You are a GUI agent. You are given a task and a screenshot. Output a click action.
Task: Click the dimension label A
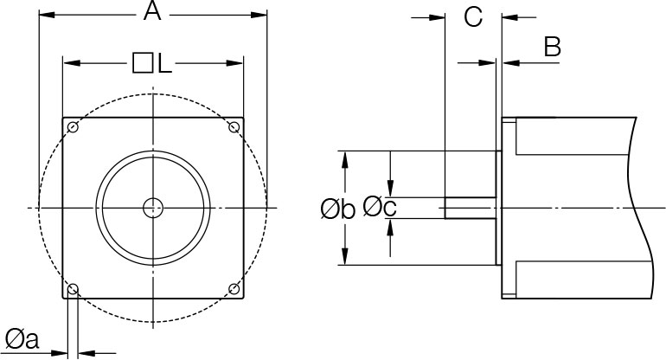click(152, 12)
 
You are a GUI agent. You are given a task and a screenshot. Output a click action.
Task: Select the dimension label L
click(164, 64)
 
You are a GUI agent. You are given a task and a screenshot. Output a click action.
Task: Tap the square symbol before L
click(143, 63)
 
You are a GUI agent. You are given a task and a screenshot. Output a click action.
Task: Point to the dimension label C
click(472, 16)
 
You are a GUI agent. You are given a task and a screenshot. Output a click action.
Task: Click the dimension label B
click(551, 48)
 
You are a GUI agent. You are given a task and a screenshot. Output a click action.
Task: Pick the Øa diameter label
click(22, 340)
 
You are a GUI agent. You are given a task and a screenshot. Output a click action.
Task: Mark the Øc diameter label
click(381, 206)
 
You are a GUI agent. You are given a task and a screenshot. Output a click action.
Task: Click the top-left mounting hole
click(74, 128)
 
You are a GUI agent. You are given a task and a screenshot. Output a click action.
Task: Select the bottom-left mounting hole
click(74, 288)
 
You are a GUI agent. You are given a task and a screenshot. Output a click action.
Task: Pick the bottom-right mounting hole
click(234, 288)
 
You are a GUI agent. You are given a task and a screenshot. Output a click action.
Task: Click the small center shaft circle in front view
click(153, 208)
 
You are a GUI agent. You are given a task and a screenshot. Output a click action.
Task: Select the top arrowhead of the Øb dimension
click(346, 158)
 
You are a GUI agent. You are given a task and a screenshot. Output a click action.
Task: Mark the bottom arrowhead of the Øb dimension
click(346, 259)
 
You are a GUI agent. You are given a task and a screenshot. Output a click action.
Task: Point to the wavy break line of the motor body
click(640, 208)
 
